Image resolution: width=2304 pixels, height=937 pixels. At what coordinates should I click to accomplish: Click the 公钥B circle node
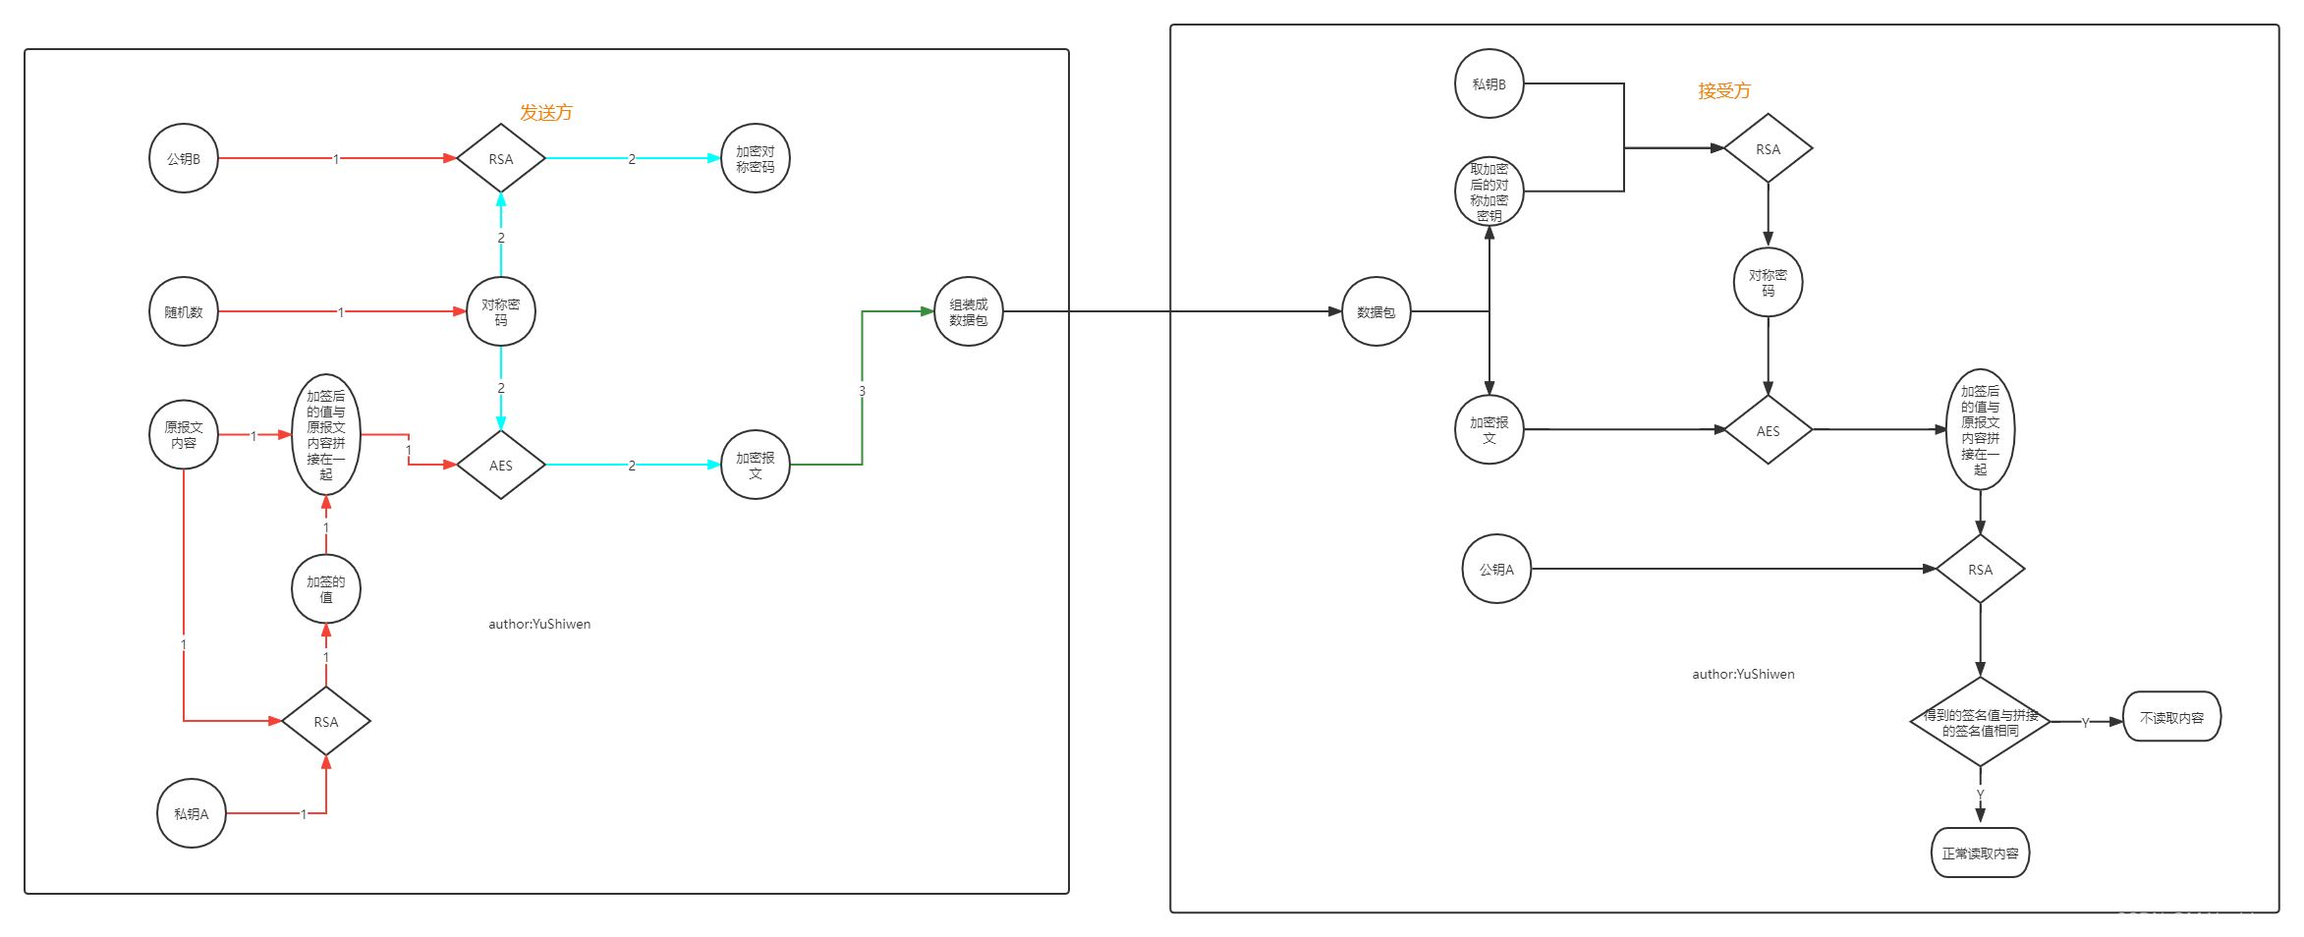pyautogui.click(x=184, y=158)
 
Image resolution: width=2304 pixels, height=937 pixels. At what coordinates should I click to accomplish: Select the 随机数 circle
pyautogui.click(x=184, y=311)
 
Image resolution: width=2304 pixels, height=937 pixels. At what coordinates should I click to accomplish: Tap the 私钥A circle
pyautogui.click(x=192, y=813)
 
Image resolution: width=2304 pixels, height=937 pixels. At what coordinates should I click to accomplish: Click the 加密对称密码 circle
pyautogui.click(x=755, y=158)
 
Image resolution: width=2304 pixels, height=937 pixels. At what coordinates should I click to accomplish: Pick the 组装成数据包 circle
pyautogui.click(x=968, y=311)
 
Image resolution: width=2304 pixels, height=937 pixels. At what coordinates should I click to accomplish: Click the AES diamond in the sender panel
pyautogui.click(x=501, y=465)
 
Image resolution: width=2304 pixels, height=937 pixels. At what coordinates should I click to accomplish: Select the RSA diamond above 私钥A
pyautogui.click(x=326, y=721)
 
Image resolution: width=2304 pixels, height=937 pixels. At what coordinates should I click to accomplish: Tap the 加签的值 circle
pyautogui.click(x=326, y=588)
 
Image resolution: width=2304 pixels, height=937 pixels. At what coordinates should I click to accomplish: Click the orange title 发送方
pyautogui.click(x=546, y=113)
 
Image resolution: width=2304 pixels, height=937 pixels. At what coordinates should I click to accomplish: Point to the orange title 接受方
pyautogui.click(x=1724, y=91)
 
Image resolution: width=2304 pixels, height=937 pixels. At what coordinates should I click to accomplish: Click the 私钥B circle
pyautogui.click(x=1489, y=83)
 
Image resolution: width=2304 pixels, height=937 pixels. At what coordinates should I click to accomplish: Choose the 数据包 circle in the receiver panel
pyautogui.click(x=1376, y=311)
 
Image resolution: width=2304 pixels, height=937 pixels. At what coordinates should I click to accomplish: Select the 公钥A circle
pyautogui.click(x=1496, y=569)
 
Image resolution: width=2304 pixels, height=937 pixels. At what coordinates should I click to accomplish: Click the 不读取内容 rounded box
pyautogui.click(x=2171, y=717)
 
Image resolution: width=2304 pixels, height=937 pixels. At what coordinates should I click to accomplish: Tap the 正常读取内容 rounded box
pyautogui.click(x=1980, y=853)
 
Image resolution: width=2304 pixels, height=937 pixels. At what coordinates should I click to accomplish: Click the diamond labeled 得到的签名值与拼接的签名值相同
pyautogui.click(x=1980, y=722)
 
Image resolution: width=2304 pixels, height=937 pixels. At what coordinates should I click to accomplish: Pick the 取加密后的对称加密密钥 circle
pyautogui.click(x=1489, y=192)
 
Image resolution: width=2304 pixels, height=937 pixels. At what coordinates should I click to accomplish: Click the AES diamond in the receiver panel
pyautogui.click(x=1768, y=430)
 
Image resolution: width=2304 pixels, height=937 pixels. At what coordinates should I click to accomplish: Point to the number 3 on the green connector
pyautogui.click(x=862, y=391)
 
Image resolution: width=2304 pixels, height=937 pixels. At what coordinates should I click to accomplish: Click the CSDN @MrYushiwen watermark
pyautogui.click(x=2201, y=919)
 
